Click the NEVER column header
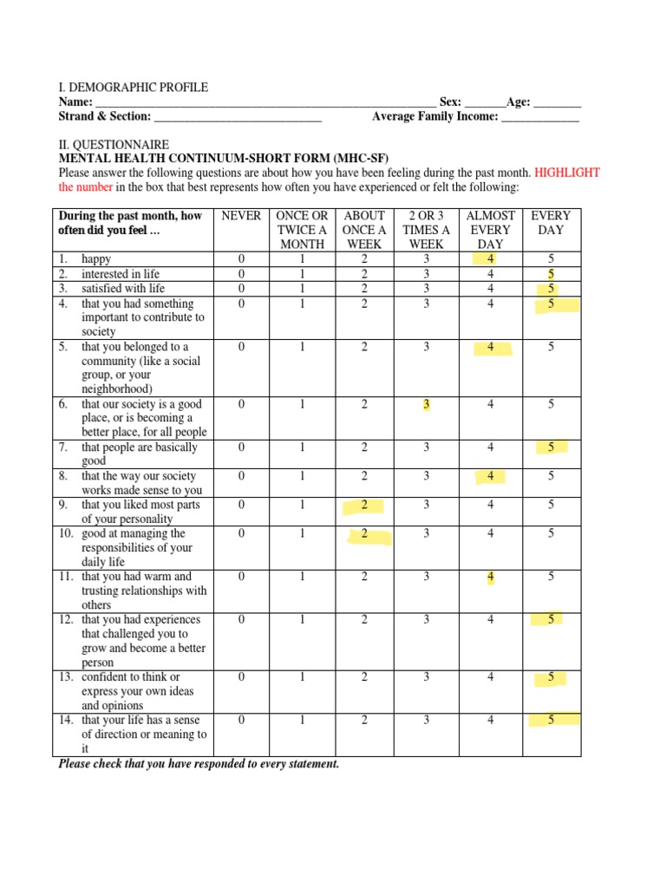click(x=241, y=216)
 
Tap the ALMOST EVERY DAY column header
click(x=490, y=230)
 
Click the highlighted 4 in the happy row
click(x=491, y=259)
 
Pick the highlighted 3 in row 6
click(x=426, y=404)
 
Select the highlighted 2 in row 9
click(x=365, y=505)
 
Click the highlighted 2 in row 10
click(x=365, y=534)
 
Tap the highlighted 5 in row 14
click(x=551, y=719)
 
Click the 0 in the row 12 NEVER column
click(x=241, y=620)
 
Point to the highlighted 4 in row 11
click(x=491, y=577)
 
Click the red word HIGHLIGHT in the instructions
click(x=567, y=173)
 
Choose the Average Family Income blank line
click(x=539, y=117)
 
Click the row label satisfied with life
click(x=123, y=288)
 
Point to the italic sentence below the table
click(x=199, y=764)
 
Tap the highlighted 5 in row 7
click(x=551, y=447)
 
